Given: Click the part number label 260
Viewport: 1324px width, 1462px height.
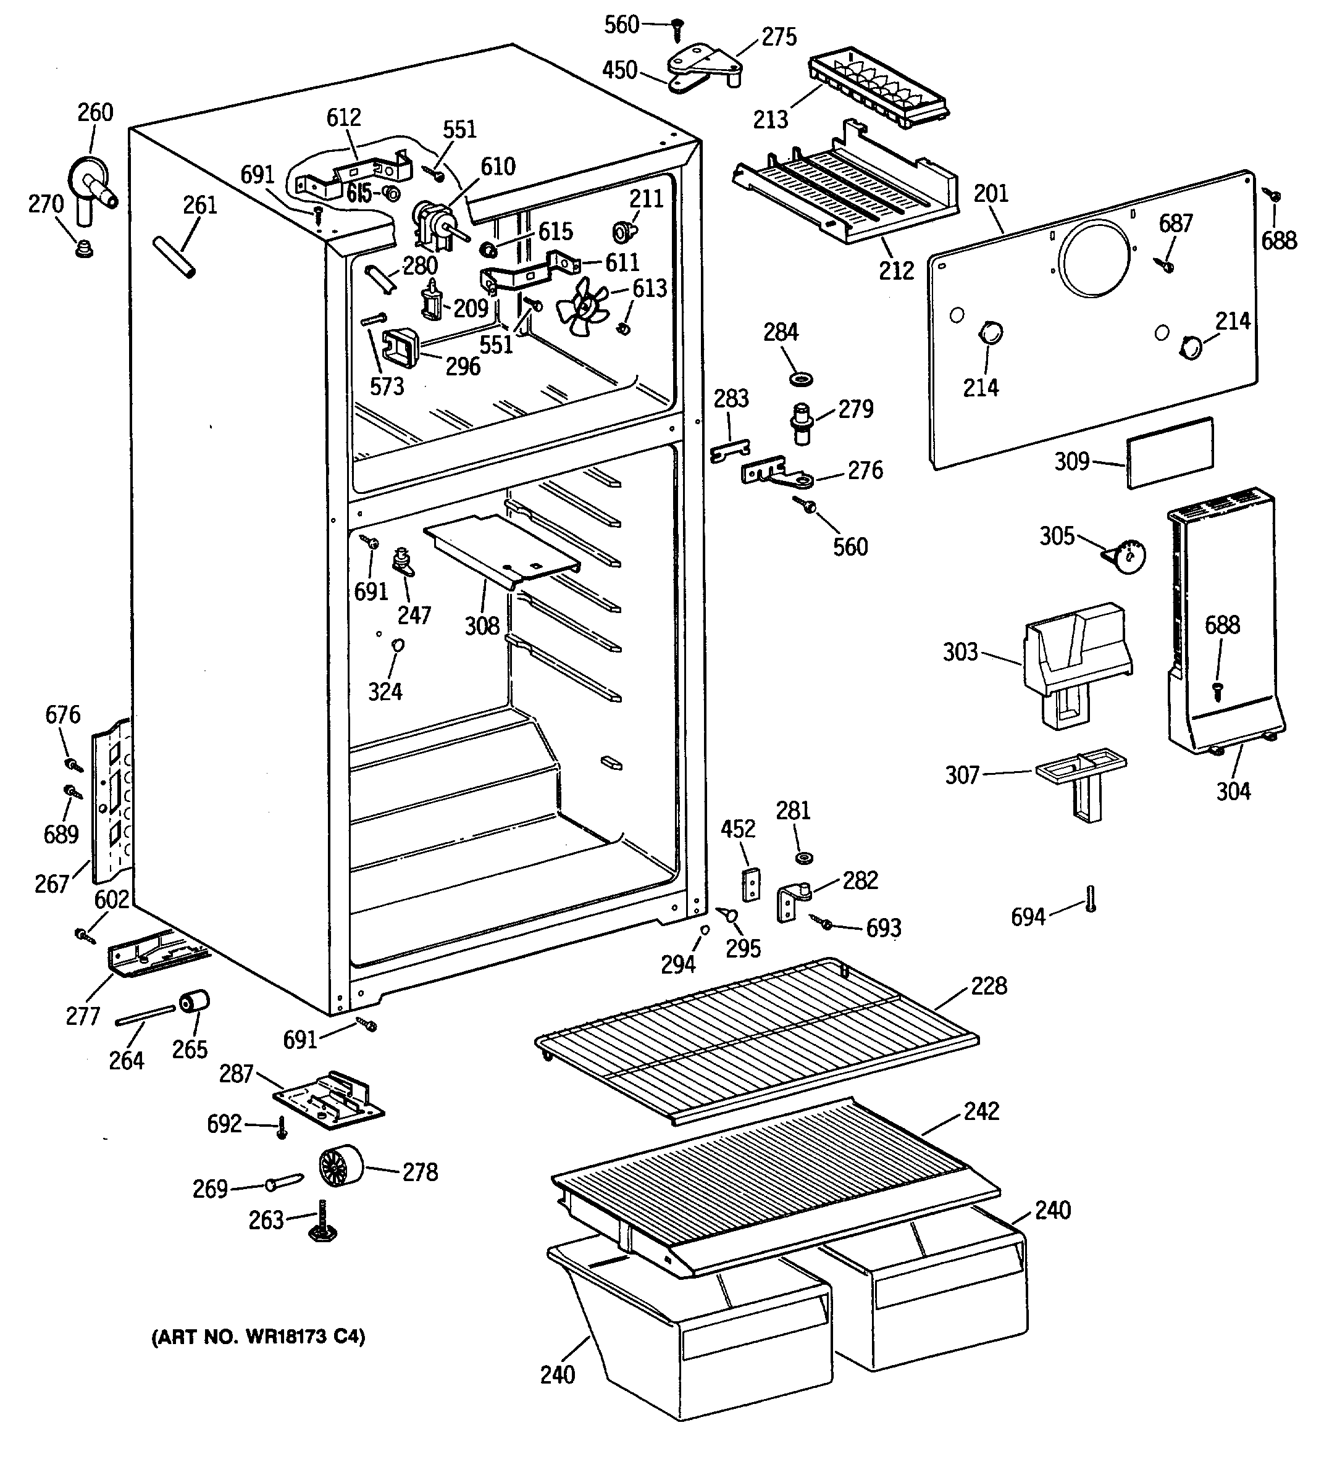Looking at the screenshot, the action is pyautogui.click(x=96, y=112).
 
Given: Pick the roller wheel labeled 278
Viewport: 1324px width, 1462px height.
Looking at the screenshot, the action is pyautogui.click(x=340, y=1166).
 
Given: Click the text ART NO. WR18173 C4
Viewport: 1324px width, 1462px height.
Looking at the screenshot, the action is pyautogui.click(x=258, y=1337).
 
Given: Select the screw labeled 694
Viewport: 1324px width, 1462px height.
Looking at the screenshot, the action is pyautogui.click(x=1091, y=900).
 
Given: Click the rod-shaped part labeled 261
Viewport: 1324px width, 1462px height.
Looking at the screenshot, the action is pyautogui.click(x=174, y=257).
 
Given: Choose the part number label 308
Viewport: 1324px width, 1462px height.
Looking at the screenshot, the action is pyautogui.click(x=482, y=625).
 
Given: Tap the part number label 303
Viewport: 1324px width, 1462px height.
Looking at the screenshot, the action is pyautogui.click(x=960, y=652).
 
